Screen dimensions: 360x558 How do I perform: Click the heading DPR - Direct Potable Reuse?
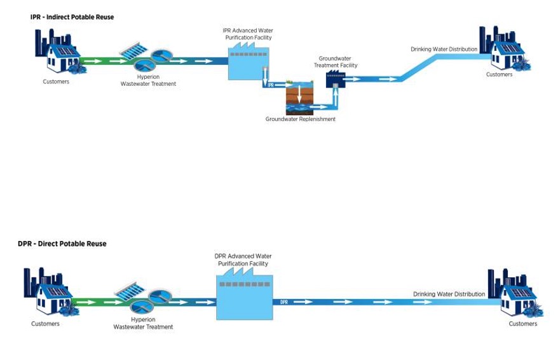tap(62, 244)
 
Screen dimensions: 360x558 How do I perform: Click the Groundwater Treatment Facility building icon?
tap(334, 80)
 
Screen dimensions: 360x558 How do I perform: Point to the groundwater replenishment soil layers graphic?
tap(300, 96)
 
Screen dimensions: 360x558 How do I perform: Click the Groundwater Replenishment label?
tap(300, 119)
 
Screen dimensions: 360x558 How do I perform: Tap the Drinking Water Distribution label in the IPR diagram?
tap(444, 50)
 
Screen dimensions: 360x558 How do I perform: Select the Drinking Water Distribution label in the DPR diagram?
tap(449, 294)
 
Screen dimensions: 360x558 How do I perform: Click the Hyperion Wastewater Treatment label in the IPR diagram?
tap(148, 80)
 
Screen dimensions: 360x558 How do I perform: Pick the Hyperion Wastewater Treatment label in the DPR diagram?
tap(143, 324)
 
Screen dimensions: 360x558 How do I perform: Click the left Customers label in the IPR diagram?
tap(56, 81)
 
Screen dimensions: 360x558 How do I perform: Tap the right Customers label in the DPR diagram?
tap(523, 324)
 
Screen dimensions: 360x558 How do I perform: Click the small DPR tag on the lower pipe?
tap(284, 302)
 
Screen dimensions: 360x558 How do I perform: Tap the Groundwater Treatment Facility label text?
tap(337, 62)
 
